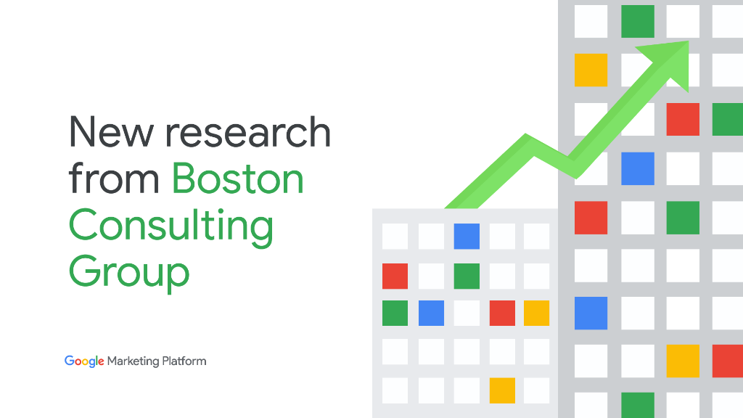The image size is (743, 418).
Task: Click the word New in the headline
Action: coord(111,132)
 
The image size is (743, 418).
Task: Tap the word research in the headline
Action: coord(248,132)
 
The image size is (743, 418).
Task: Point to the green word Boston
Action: coord(237,179)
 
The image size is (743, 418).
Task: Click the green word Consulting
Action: coord(171,226)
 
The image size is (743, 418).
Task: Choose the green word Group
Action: coord(129,272)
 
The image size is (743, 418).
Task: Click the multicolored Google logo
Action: coord(84,361)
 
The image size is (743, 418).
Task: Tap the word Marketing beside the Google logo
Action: coord(134,361)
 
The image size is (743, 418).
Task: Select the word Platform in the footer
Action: coord(184,361)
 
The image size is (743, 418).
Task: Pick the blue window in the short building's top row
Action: coord(467,236)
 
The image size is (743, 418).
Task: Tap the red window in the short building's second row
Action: coord(395,276)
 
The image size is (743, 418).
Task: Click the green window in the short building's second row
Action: coord(467,276)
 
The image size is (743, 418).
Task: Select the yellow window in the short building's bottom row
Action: coord(502,390)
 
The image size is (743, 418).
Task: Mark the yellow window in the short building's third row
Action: coord(536,313)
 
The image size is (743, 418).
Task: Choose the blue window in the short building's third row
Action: coord(431,313)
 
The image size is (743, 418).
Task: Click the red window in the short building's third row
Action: coord(502,313)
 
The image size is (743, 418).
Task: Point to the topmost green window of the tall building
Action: coord(638,21)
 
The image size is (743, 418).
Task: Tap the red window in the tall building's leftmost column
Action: coord(591,218)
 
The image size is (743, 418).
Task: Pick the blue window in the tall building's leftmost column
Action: coord(591,313)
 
